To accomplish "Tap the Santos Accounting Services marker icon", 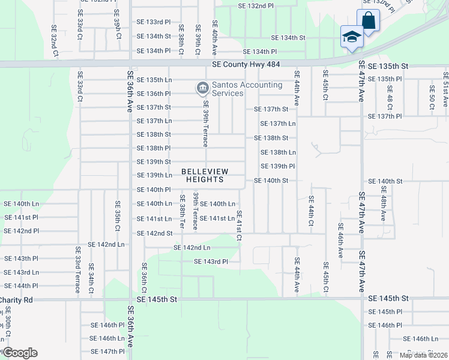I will (x=202, y=89).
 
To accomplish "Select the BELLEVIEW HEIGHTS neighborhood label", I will (x=203, y=175).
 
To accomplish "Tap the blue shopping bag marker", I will (x=368, y=20).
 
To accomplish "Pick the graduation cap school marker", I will (x=351, y=37).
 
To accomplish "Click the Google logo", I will (x=19, y=353).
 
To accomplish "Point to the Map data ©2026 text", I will (x=423, y=355).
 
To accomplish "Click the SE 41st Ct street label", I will (x=239, y=226).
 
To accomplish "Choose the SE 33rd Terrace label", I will (x=78, y=270).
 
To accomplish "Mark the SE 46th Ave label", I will (x=340, y=241).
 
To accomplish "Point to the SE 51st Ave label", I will (x=445, y=90).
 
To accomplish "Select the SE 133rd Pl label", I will (x=154, y=22).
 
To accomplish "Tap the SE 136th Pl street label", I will (x=154, y=94).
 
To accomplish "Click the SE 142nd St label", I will (x=155, y=233).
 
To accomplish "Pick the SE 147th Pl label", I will (x=107, y=351).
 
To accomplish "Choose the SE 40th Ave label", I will (x=214, y=35).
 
